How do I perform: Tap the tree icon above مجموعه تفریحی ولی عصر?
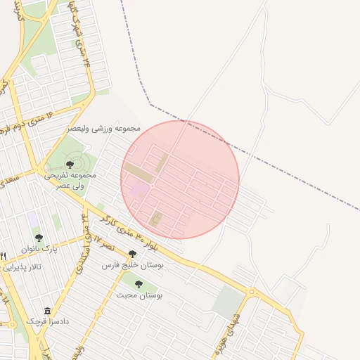pos(69,164)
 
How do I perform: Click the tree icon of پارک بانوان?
pos(39,238)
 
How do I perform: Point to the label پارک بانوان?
pos(39,250)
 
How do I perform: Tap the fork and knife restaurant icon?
pos(4,256)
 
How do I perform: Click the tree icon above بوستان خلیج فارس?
pos(132,254)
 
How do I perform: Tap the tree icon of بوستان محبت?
pos(139,284)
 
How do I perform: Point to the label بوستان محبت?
pos(139,296)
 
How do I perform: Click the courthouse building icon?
pos(47,311)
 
